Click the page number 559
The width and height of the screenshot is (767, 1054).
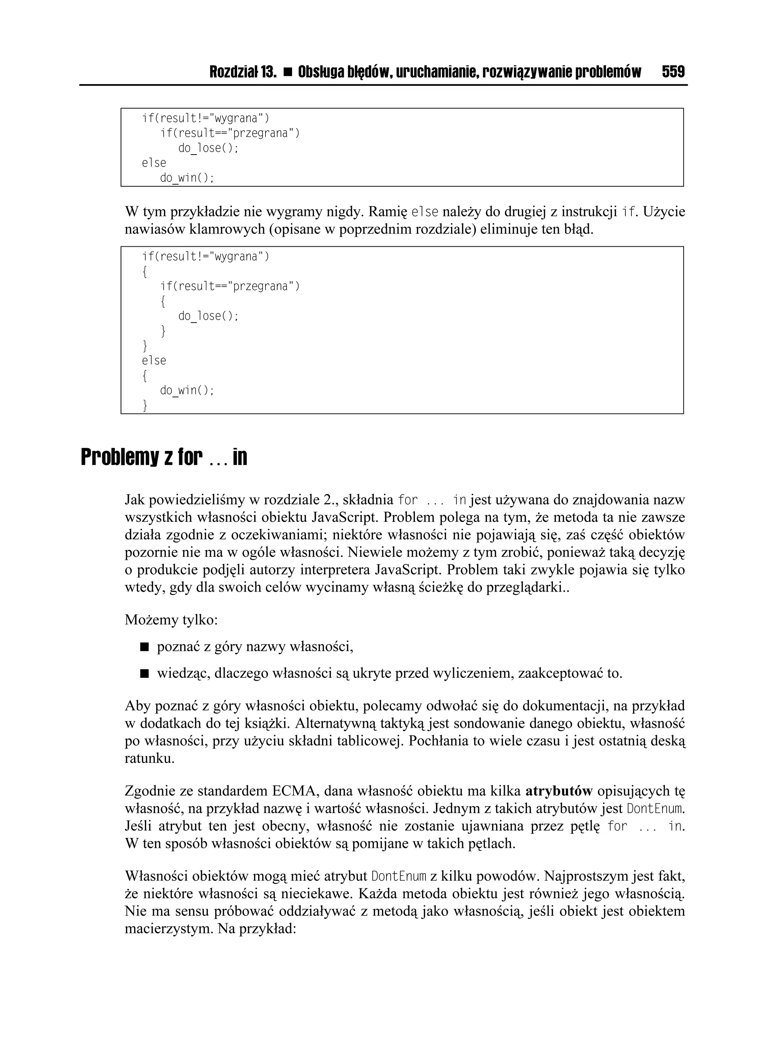pyautogui.click(x=673, y=72)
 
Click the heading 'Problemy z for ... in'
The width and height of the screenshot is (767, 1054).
pyautogui.click(x=164, y=458)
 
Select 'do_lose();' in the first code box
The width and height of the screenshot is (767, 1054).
pyautogui.click(x=208, y=148)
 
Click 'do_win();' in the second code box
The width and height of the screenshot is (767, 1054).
pyautogui.click(x=187, y=390)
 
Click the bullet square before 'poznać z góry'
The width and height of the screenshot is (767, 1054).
pyautogui.click(x=144, y=647)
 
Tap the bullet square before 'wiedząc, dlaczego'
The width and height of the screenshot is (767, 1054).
pyautogui.click(x=144, y=673)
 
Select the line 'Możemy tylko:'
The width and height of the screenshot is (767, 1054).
pyautogui.click(x=171, y=620)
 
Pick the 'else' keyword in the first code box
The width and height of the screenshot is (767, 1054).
pyautogui.click(x=154, y=163)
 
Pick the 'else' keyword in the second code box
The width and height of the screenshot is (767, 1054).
pyautogui.click(x=154, y=360)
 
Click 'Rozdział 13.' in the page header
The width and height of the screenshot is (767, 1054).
pyautogui.click(x=243, y=72)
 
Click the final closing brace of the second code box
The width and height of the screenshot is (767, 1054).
pyautogui.click(x=145, y=406)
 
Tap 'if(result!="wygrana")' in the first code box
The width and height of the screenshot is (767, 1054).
pyautogui.click(x=206, y=119)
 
